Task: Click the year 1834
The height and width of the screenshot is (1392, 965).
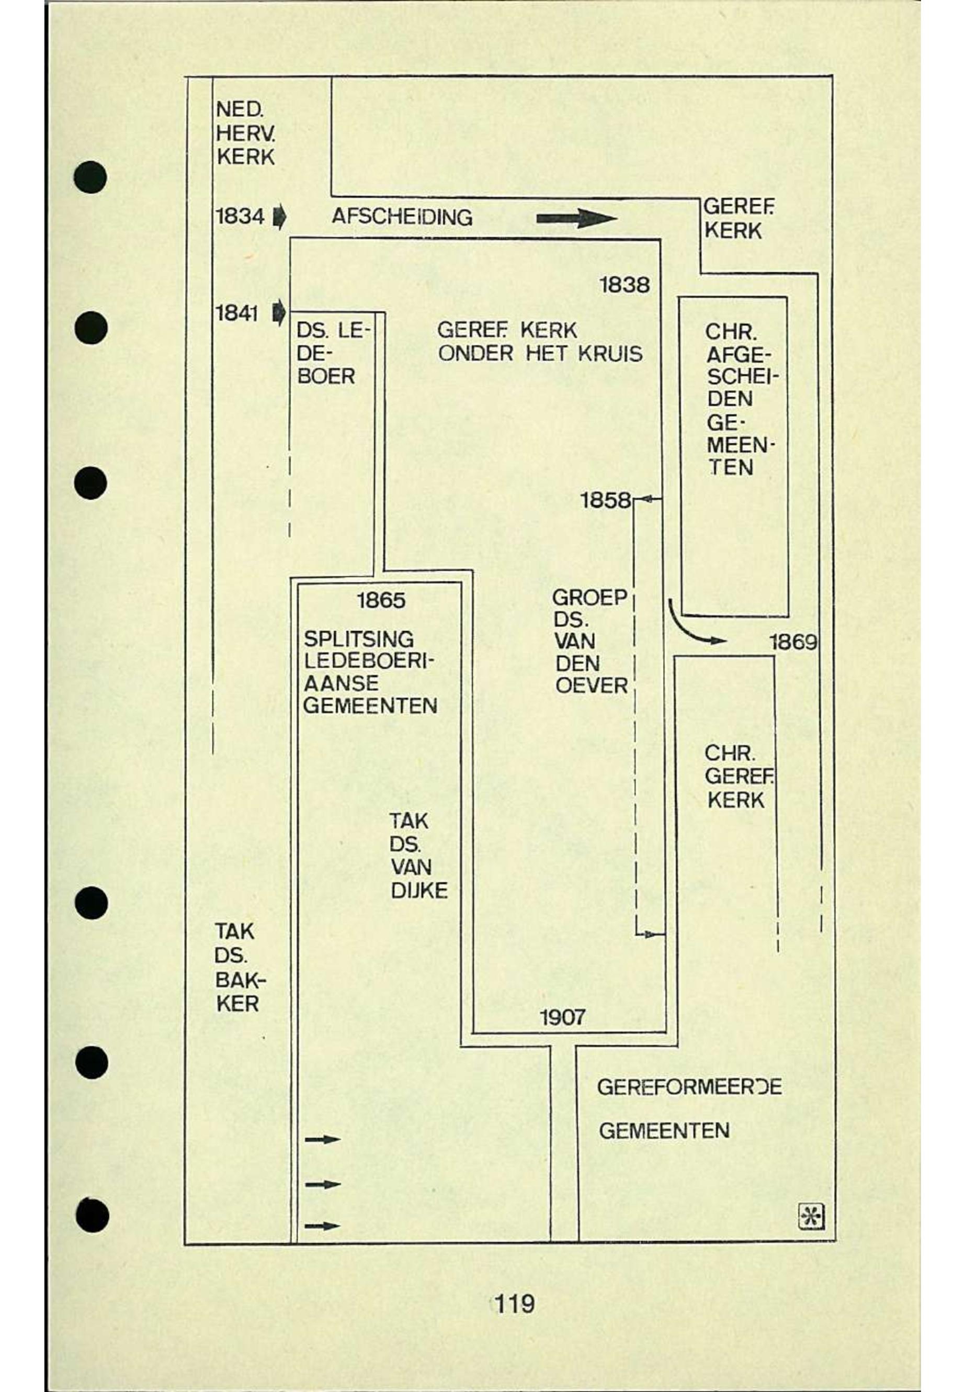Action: click(240, 216)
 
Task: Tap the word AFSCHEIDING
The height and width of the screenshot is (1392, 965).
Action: click(402, 217)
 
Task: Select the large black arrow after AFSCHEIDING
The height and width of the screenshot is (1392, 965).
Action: click(576, 218)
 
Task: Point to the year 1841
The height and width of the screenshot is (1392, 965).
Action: click(236, 313)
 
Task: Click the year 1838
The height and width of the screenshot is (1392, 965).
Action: click(625, 284)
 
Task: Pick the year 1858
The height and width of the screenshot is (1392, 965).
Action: click(605, 500)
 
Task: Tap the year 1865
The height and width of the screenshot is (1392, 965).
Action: click(381, 601)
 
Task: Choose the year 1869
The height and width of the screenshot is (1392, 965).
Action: click(793, 642)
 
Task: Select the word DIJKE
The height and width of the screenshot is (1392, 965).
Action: click(419, 891)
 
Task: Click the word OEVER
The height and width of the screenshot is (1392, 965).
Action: click(592, 686)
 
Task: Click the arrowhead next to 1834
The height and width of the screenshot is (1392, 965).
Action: click(279, 217)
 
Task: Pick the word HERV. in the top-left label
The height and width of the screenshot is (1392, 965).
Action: click(245, 133)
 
